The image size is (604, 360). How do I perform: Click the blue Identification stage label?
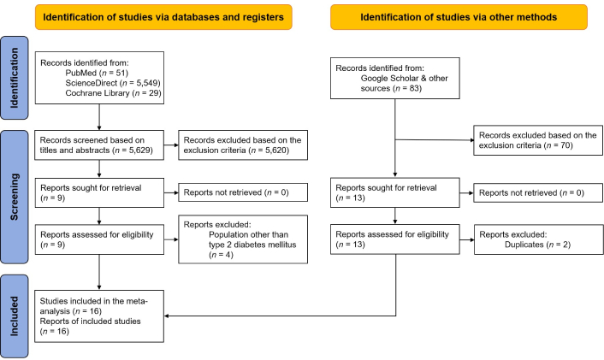[x=15, y=78]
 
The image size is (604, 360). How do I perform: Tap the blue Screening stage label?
[x=15, y=197]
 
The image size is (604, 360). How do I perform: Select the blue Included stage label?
[x=15, y=316]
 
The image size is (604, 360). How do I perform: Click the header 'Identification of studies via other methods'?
[x=459, y=17]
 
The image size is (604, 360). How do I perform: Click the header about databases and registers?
[x=163, y=17]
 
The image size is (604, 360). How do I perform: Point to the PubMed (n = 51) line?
[x=97, y=73]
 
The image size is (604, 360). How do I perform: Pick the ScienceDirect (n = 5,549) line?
[x=113, y=83]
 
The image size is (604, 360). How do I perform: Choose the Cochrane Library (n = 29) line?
[x=113, y=93]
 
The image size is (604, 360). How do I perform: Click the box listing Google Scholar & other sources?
[x=395, y=78]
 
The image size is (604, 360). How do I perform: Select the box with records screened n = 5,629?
[x=99, y=145]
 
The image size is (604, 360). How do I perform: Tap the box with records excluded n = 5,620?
[x=243, y=145]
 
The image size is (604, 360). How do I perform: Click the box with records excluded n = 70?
[x=538, y=140]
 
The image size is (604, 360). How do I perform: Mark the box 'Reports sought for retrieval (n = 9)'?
[x=99, y=192]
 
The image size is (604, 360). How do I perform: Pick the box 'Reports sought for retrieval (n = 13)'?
[x=395, y=192]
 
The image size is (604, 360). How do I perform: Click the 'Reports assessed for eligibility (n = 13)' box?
[x=395, y=239]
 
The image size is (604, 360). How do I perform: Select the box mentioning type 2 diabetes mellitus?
[x=243, y=239]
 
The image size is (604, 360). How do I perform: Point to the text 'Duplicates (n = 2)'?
[x=537, y=245]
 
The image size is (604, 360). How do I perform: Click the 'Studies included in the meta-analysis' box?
[x=99, y=316]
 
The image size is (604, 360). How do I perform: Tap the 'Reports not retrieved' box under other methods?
[x=538, y=192]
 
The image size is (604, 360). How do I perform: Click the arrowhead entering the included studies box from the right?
[x=166, y=316]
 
